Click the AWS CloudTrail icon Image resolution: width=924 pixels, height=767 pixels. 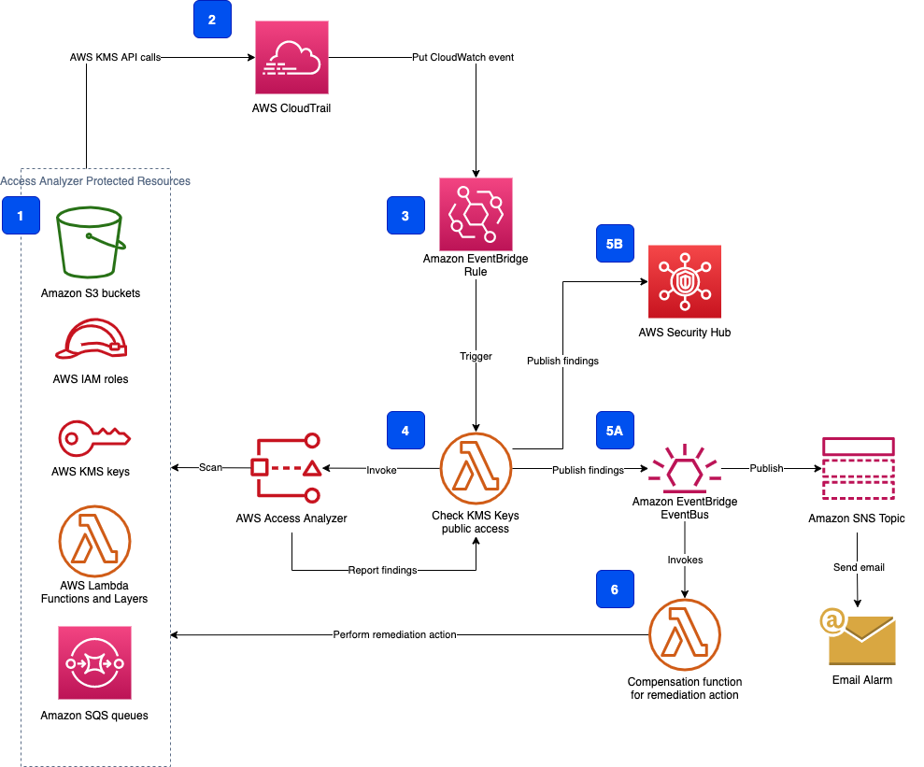coord(291,58)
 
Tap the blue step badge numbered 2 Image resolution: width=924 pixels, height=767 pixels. coord(212,21)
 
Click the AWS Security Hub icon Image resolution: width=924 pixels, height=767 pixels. coord(684,282)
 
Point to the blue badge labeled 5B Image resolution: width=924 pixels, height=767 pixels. coord(613,243)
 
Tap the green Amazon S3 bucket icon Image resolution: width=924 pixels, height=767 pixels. coord(90,244)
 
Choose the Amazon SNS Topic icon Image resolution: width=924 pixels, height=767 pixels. coord(858,469)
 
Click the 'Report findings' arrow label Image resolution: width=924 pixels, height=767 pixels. coord(382,570)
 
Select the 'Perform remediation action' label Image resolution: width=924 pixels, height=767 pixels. coord(394,635)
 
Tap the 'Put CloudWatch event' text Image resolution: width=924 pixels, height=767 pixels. coord(462,58)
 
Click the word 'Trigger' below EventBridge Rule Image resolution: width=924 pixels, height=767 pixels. coord(476,356)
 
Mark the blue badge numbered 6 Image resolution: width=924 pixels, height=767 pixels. coord(613,590)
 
